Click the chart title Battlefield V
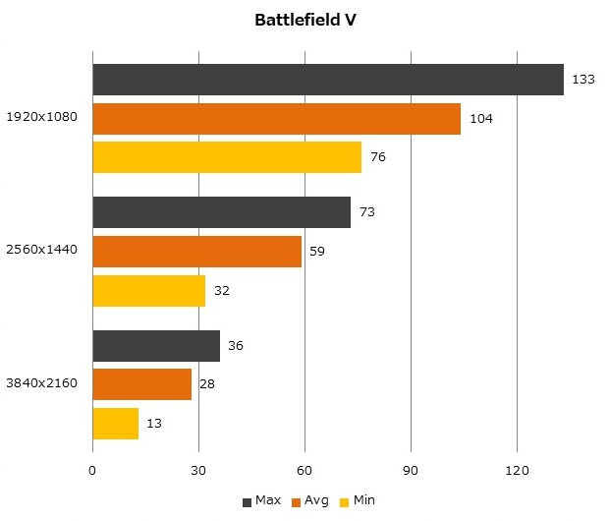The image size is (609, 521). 304,20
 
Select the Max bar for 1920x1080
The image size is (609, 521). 328,80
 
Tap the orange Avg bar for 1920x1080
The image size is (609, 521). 276,119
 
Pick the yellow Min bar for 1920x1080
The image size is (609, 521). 227,157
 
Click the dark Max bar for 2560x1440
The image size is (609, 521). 221,212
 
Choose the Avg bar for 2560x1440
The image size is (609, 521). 196,252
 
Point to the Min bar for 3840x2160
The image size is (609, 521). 115,424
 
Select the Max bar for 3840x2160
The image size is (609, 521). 156,346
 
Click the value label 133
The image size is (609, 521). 583,80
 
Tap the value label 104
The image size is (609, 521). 481,119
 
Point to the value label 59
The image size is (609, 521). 317,252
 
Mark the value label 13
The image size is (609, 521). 154,424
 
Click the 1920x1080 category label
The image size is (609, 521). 42,119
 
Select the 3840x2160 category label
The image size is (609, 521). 42,384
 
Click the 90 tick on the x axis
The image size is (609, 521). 411,471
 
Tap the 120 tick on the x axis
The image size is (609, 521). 517,471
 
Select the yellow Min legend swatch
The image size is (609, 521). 345,502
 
